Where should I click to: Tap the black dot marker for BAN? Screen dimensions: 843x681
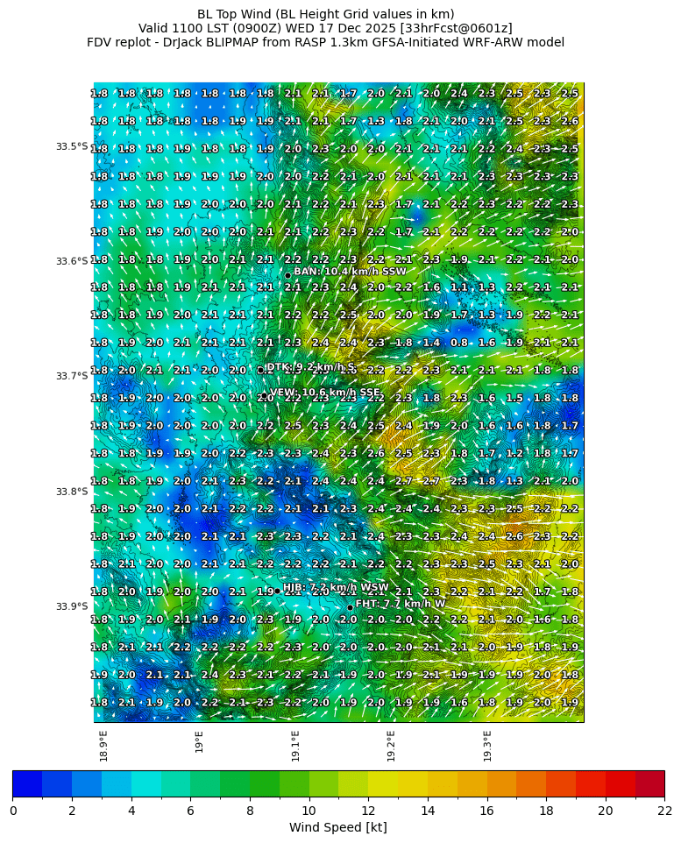pos(287,275)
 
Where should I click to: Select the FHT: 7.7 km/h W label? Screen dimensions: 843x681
pos(401,604)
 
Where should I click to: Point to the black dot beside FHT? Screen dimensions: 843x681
pos(350,607)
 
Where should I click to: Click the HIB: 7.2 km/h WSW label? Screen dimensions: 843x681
pos(336,587)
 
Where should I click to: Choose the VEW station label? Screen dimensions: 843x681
pos(325,393)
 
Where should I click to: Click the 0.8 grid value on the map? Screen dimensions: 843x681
pos(458,343)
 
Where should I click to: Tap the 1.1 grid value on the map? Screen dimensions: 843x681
pos(458,287)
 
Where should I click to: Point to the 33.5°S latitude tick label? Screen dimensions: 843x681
pos(72,146)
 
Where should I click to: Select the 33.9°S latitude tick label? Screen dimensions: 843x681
pos(72,606)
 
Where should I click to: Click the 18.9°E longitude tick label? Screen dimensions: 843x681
pos(104,746)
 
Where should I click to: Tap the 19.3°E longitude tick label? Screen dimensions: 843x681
pos(487,746)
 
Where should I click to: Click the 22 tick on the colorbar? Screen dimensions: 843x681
pos(664,811)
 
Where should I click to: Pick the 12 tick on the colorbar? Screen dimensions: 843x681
pos(368,811)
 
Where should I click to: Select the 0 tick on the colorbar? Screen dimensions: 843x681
pos(13,811)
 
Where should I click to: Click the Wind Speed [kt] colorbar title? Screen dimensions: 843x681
pos(338,827)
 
